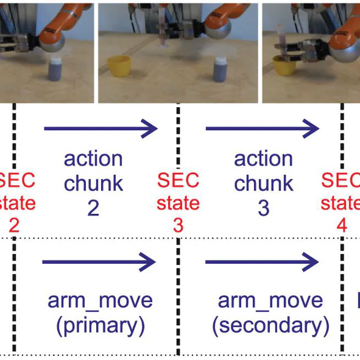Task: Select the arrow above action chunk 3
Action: pos(262,129)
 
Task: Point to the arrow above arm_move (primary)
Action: pos(99,263)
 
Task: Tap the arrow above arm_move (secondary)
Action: pos(262,263)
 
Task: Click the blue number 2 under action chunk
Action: pos(93,208)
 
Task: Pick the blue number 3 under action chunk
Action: pos(263,208)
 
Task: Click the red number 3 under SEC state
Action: pos(178,226)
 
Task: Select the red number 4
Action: pos(342,226)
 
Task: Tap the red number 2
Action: pos(14,226)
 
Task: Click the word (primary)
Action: pos(100,326)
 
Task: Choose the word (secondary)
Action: pos(270,326)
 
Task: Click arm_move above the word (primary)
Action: pos(100,301)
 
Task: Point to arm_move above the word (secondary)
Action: pos(270,301)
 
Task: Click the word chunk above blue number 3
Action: pos(263,184)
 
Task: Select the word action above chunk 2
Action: pos(93,159)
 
